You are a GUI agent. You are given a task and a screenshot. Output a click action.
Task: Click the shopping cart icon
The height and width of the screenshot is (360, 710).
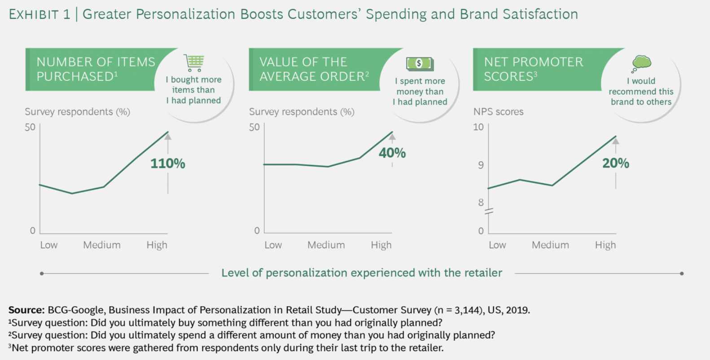[194, 63]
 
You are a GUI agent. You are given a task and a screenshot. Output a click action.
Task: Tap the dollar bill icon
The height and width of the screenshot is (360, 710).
[420, 64]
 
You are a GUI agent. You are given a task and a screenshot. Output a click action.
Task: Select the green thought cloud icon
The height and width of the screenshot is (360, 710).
[641, 64]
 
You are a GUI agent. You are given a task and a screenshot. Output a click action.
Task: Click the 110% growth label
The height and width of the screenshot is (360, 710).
[167, 163]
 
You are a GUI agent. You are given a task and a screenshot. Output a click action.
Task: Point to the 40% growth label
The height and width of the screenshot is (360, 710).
[392, 153]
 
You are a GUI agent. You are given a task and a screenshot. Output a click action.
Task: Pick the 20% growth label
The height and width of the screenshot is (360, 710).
[615, 163]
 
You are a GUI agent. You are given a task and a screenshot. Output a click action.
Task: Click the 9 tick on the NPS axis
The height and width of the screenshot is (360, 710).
[481, 165]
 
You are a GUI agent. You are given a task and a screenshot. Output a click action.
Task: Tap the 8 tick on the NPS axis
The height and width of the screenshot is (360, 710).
[481, 202]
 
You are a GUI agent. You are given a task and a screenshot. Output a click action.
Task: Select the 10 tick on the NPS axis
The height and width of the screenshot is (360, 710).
[478, 127]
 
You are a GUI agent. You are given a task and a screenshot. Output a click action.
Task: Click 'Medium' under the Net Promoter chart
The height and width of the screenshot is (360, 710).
[550, 245]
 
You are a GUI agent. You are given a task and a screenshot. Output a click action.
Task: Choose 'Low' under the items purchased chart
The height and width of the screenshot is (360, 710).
[49, 245]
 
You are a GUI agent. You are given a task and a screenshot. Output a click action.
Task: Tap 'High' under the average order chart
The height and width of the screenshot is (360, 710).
[381, 245]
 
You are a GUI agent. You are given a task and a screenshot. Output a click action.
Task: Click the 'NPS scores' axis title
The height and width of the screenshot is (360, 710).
[498, 112]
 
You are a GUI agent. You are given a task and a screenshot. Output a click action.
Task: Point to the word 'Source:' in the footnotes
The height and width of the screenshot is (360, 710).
[26, 310]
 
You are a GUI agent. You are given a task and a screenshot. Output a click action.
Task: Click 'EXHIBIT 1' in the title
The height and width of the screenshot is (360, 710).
[39, 14]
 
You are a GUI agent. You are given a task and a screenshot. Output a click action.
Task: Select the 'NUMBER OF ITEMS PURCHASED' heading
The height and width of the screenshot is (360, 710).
[96, 69]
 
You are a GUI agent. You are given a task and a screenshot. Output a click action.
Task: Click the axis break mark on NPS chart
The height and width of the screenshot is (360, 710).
[489, 211]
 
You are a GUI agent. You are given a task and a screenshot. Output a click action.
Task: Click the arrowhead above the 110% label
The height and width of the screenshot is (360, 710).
[168, 137]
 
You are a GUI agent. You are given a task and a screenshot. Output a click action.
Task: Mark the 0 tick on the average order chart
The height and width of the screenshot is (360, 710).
[257, 231]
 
